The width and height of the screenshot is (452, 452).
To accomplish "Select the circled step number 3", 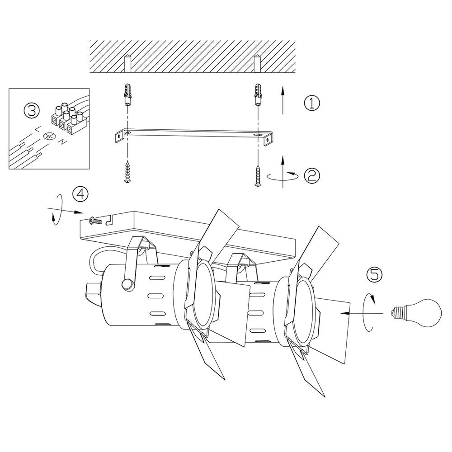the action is [31, 111].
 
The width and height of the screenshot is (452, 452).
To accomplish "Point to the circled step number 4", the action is [80, 194].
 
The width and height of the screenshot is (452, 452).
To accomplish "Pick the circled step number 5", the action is [374, 274].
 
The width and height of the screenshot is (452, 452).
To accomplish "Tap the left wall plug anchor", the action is [127, 94].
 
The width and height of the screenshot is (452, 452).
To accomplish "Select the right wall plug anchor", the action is [258, 94].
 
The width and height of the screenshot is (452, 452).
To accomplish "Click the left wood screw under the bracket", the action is [127, 172].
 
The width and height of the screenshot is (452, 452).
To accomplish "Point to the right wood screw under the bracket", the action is [258, 175].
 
